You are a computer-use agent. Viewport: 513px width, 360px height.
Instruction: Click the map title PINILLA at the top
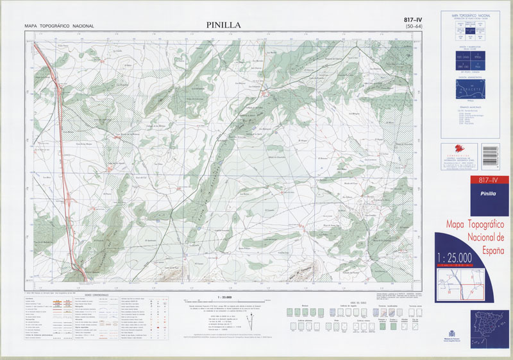(223, 25)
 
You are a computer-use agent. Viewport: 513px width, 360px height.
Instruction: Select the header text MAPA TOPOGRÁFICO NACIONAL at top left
(59, 26)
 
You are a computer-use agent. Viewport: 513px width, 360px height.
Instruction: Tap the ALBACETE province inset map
(474, 90)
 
